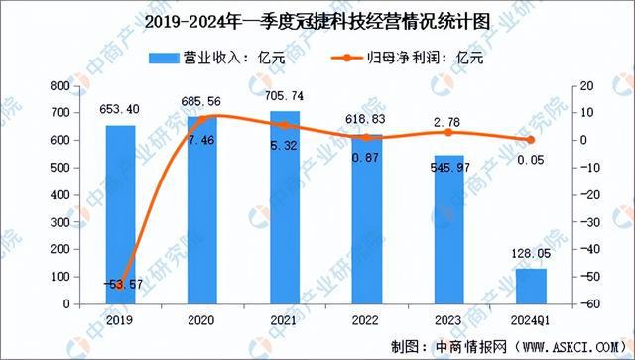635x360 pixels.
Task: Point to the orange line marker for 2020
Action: [x=203, y=118]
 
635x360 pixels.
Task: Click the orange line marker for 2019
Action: [x=121, y=286]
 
